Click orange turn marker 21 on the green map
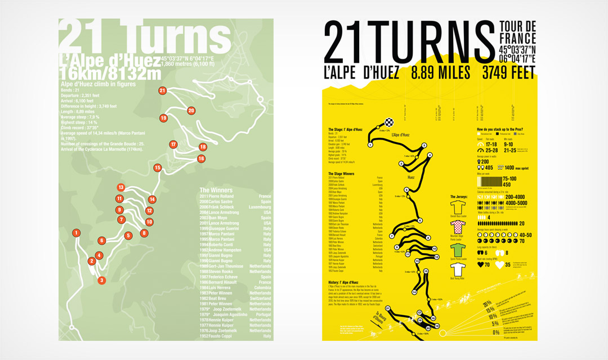(163, 90)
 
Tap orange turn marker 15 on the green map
(157, 168)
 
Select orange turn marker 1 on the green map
(75, 233)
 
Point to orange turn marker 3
(101, 280)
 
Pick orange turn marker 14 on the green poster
(152, 199)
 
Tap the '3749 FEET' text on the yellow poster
(508, 73)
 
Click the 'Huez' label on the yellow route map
(411, 177)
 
